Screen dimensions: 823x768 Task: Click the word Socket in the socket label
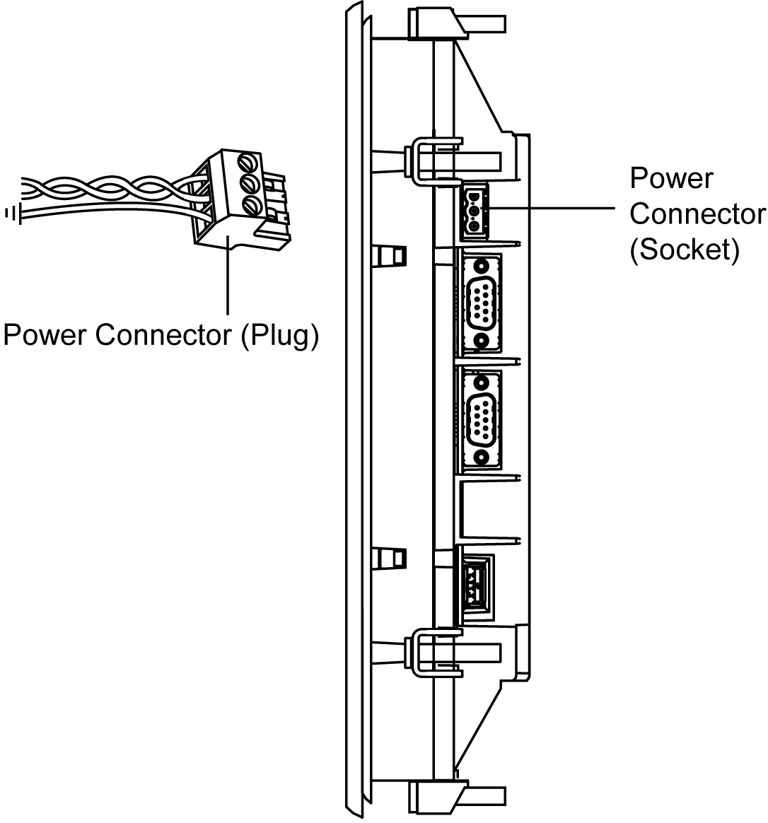[684, 250]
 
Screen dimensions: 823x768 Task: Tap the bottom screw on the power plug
[249, 206]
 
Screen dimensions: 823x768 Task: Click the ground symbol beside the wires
[13, 212]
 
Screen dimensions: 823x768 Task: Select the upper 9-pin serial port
[481, 303]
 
